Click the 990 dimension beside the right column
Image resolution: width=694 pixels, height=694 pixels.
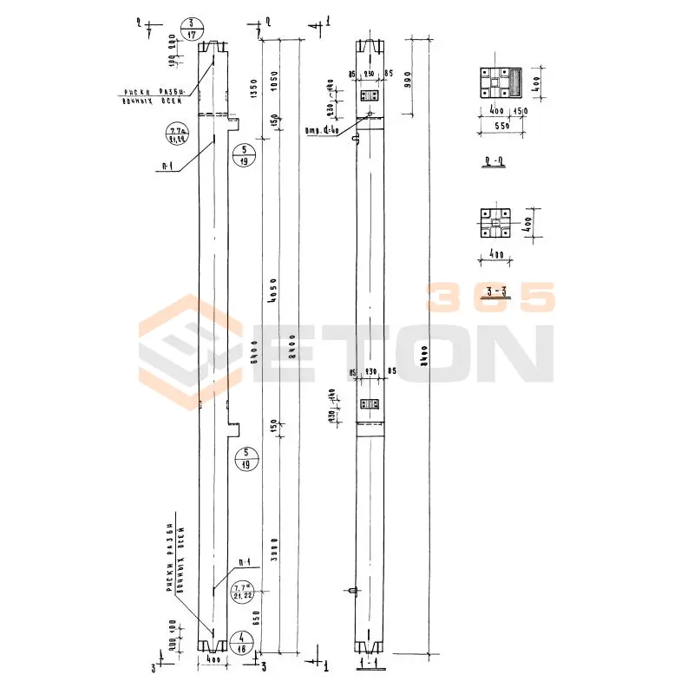407,77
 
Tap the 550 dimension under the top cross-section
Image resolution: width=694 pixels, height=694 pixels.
497,127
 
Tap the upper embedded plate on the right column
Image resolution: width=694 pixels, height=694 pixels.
369,96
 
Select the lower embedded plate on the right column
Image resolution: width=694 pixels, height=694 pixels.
370,404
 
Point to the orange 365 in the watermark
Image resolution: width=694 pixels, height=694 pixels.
490,298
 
